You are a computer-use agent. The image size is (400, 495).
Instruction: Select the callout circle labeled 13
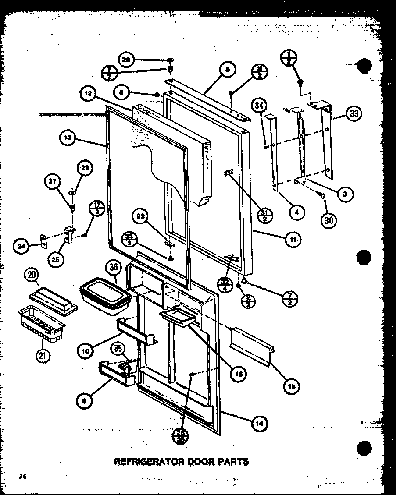tap(66, 138)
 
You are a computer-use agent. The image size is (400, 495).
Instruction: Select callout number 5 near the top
tap(228, 68)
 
